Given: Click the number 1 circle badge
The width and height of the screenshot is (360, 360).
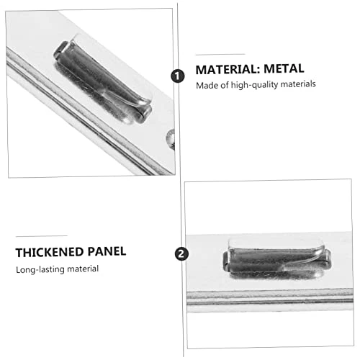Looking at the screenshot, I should (177, 74).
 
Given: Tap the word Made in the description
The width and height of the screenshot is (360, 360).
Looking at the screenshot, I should (207, 85).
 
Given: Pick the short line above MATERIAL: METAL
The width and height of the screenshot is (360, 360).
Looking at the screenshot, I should (220, 54).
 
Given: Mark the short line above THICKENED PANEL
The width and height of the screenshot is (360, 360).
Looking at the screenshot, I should (41, 235).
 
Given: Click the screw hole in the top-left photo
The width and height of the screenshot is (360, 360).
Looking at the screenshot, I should (171, 135).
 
